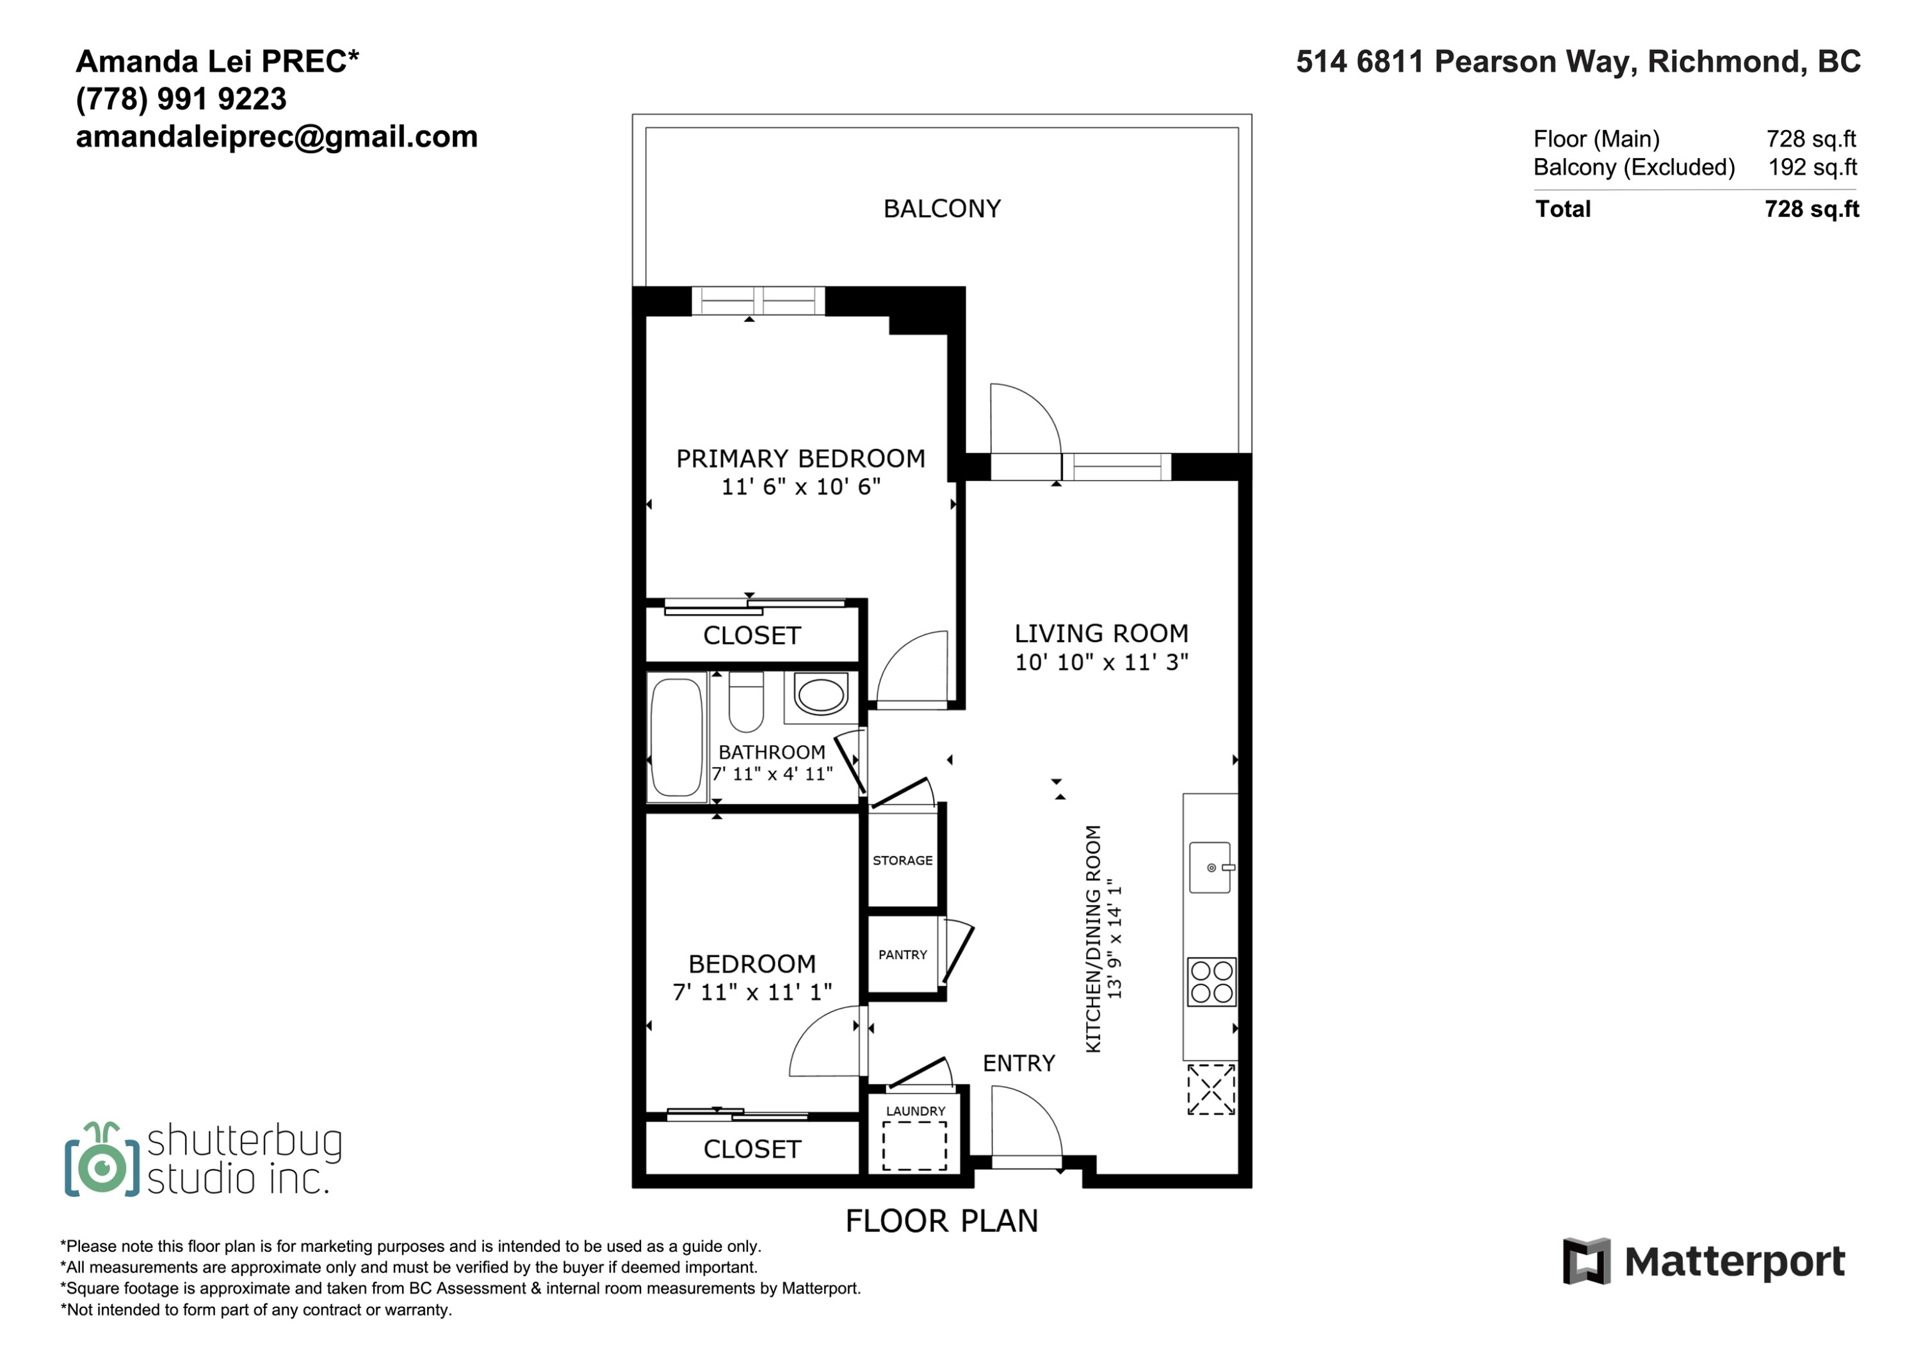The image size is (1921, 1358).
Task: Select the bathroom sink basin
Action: [x=821, y=695]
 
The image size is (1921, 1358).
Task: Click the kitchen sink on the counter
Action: [x=1211, y=868]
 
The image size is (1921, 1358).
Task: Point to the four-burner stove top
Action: [x=1212, y=982]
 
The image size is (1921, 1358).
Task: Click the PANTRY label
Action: [x=903, y=955]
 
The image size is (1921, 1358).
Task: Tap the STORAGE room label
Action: [x=903, y=860]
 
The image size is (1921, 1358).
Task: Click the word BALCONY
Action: [x=942, y=208]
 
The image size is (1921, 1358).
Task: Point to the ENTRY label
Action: [x=1019, y=1063]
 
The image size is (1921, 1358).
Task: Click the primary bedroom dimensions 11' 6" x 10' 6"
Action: [x=800, y=487]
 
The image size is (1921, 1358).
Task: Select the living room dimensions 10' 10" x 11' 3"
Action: [x=1102, y=663]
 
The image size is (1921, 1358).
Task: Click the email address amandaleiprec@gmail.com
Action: [x=277, y=137]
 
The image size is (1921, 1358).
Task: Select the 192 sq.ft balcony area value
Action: [x=1812, y=167]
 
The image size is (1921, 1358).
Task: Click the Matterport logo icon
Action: [x=1586, y=1261]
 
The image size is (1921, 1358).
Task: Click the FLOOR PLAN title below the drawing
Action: [x=942, y=1221]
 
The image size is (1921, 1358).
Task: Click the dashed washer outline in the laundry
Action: [x=915, y=1146]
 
